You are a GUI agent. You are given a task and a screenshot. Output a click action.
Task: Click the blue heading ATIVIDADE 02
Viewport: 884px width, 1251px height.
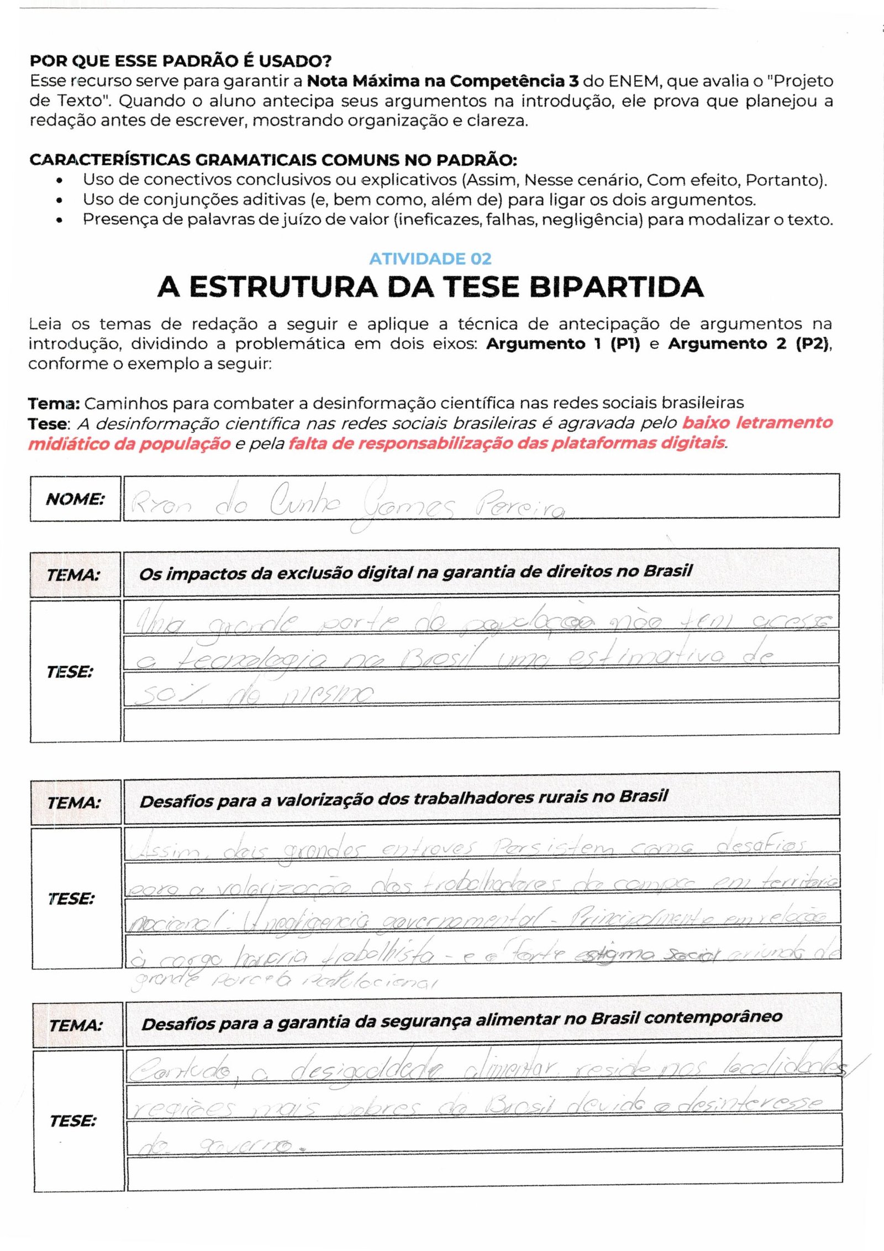430,259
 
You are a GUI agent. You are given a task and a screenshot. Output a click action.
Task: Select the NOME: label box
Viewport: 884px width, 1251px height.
75,499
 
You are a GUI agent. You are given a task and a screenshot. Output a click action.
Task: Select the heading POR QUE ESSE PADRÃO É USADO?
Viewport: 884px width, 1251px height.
180,61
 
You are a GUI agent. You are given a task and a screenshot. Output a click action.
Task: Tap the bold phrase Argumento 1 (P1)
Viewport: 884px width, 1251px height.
562,344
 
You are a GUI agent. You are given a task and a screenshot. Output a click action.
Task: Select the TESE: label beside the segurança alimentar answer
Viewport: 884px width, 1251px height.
72,1121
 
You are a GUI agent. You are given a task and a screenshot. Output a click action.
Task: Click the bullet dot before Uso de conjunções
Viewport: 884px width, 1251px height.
59,200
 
